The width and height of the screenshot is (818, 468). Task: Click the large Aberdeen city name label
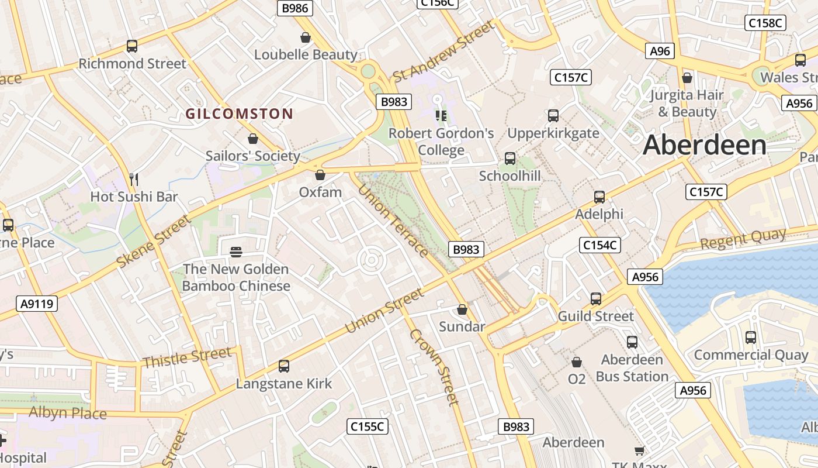tap(705, 145)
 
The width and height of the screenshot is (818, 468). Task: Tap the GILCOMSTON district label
tap(239, 113)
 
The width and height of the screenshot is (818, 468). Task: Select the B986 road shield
tap(294, 8)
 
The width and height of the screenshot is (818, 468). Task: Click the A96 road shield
tap(660, 51)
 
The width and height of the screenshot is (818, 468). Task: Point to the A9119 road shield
tap(36, 303)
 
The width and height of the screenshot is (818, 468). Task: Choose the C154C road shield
tap(600, 245)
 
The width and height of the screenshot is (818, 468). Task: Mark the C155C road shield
tap(367, 426)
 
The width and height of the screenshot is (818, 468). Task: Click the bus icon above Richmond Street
tap(132, 46)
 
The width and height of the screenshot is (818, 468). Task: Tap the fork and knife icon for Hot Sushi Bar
tap(134, 179)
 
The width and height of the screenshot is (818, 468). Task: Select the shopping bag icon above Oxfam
tap(320, 175)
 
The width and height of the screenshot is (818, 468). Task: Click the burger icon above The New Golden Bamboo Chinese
tap(236, 252)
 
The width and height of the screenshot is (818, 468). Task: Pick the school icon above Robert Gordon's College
tap(441, 116)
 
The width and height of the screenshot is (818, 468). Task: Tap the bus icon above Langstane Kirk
tap(284, 366)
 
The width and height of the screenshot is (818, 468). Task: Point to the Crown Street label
tap(433, 367)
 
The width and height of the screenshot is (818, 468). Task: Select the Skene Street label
tap(154, 242)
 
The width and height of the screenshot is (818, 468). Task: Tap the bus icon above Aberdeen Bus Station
tap(632, 342)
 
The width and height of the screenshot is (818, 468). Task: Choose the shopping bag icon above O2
tap(577, 362)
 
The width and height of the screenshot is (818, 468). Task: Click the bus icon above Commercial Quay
tap(751, 338)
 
